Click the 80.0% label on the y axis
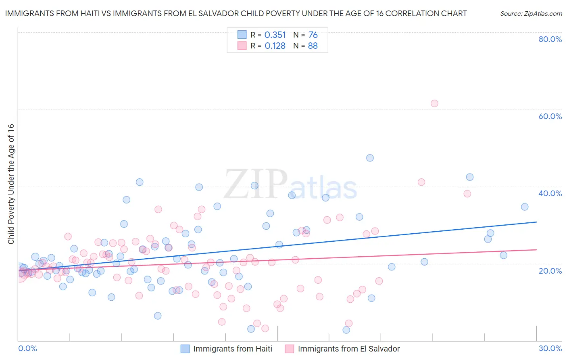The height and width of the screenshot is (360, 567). tap(550, 39)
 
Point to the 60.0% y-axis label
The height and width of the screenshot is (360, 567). tap(550, 116)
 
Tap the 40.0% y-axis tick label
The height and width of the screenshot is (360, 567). tap(550, 193)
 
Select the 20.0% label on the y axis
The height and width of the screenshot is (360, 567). tap(550, 270)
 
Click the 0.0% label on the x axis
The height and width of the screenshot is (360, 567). tap(27, 348)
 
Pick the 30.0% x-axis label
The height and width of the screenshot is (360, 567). tap(550, 348)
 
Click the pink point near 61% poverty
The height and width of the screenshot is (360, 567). tap(434, 103)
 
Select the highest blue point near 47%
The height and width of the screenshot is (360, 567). tap(370, 158)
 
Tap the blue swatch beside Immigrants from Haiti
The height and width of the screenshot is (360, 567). tap(185, 349)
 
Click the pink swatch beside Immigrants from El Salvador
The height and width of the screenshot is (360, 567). tap(290, 349)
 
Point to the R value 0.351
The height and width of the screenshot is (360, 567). tap(275, 35)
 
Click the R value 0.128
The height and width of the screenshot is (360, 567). tap(275, 46)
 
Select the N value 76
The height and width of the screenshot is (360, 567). tap(313, 35)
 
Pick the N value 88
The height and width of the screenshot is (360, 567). tap(313, 46)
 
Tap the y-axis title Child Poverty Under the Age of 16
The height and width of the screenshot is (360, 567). tap(11, 184)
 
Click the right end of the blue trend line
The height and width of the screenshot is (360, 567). tap(536, 222)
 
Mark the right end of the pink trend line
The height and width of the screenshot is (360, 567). tap(536, 249)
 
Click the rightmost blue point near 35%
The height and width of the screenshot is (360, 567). tap(525, 207)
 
